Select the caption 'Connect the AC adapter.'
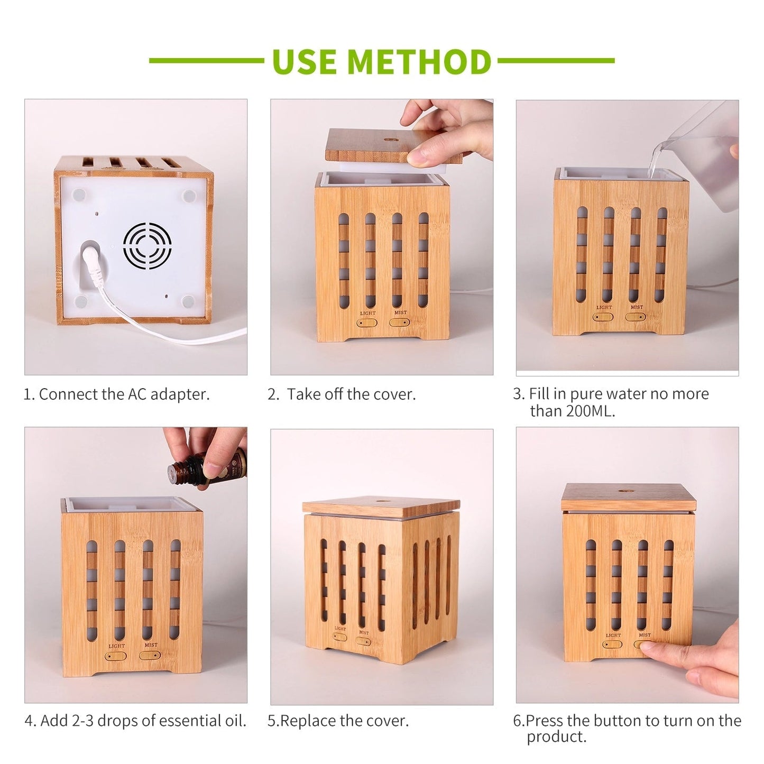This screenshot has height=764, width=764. [124, 394]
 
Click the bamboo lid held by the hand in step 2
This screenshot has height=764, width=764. [394, 145]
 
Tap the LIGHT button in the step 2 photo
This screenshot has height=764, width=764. [367, 323]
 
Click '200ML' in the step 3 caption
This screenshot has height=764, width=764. [590, 411]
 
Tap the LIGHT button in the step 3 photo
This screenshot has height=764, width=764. [603, 317]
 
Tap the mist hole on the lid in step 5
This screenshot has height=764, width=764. [380, 501]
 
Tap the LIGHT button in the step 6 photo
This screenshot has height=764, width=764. [613, 645]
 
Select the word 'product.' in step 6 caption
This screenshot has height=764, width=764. [556, 737]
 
